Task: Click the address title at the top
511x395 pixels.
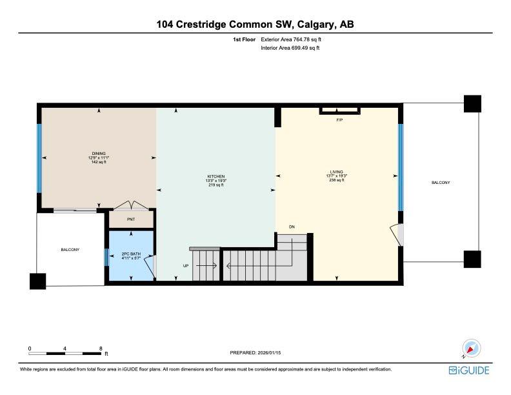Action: point(255,25)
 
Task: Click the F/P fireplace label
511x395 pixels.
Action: point(339,121)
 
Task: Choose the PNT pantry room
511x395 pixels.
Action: point(131,219)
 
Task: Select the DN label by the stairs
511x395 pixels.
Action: point(292,227)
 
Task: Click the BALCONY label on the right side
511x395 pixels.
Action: point(441,183)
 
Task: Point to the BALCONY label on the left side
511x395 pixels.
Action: point(70,249)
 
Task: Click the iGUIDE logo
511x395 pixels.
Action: point(469,370)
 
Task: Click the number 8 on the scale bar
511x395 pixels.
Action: point(101,349)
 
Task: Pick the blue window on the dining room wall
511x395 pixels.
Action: point(39,157)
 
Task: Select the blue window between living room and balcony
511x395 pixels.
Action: point(401,167)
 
